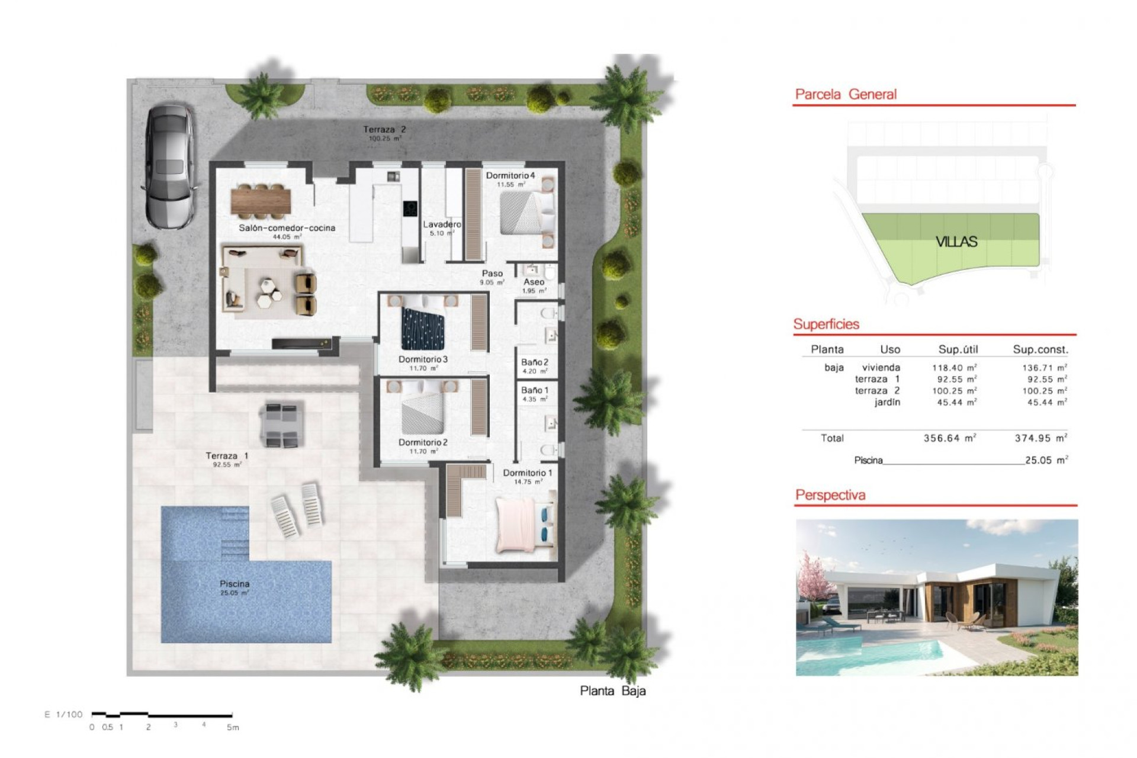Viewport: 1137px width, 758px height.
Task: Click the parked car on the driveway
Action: click(x=169, y=167)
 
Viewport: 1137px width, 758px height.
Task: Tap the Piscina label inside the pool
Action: click(x=235, y=584)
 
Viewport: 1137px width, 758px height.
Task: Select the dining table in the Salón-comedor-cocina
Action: click(x=261, y=200)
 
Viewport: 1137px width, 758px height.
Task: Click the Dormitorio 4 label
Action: click(x=510, y=175)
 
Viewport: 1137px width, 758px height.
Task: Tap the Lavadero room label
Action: click(x=442, y=224)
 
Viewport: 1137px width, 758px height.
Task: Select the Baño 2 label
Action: click(x=534, y=362)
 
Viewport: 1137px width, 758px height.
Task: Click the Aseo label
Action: click(x=534, y=282)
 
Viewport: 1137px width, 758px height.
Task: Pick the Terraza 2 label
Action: click(x=384, y=129)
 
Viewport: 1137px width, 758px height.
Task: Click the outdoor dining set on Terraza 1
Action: click(x=282, y=424)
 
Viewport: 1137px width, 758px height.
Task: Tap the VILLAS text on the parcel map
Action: click(x=956, y=242)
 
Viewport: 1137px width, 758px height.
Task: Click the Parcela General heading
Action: click(x=845, y=94)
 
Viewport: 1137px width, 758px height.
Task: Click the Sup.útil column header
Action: click(x=958, y=349)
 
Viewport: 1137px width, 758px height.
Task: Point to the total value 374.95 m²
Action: click(x=1040, y=438)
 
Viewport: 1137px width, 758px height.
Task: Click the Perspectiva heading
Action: click(x=830, y=495)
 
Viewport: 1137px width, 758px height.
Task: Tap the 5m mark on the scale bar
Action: click(x=233, y=727)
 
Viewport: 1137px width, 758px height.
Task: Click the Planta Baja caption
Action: click(x=612, y=690)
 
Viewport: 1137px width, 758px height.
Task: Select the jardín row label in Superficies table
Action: click(x=887, y=402)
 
